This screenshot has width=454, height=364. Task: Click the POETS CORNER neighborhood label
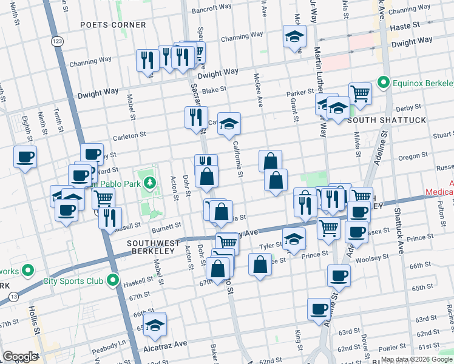114,25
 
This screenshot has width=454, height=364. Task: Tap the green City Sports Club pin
112,281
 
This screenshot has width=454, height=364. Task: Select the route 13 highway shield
13,297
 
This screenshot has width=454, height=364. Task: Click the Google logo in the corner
20,357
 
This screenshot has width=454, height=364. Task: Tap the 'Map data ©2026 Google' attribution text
416,359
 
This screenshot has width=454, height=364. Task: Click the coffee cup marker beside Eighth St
25,157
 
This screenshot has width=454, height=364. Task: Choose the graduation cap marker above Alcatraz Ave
155,325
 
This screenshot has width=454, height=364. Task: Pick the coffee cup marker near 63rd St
319,309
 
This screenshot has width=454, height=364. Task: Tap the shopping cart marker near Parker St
360,93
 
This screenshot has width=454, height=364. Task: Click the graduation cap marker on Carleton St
229,124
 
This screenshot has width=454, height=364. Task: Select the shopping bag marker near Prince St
260,265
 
